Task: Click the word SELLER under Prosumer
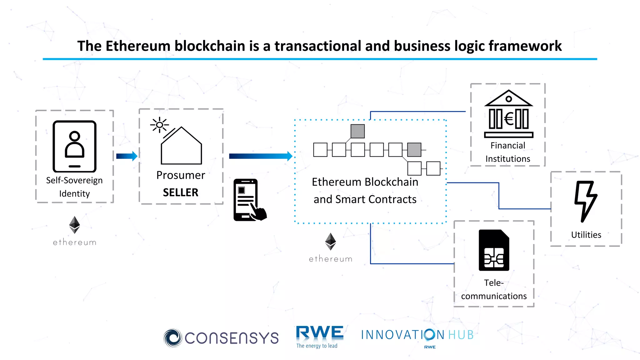tap(181, 192)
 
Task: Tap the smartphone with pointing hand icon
tap(249, 200)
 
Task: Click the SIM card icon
tap(494, 250)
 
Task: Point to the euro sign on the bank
tap(509, 119)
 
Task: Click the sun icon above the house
tap(159, 125)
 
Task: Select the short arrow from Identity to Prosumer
tap(127, 156)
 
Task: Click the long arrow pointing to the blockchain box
tap(260, 156)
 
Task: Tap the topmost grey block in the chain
tap(357, 131)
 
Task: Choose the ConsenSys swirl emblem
tap(172, 338)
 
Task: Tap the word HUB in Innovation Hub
tap(461, 335)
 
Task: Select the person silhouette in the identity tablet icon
tap(74, 144)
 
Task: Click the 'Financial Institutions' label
tap(508, 152)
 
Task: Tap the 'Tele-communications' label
tap(494, 289)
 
